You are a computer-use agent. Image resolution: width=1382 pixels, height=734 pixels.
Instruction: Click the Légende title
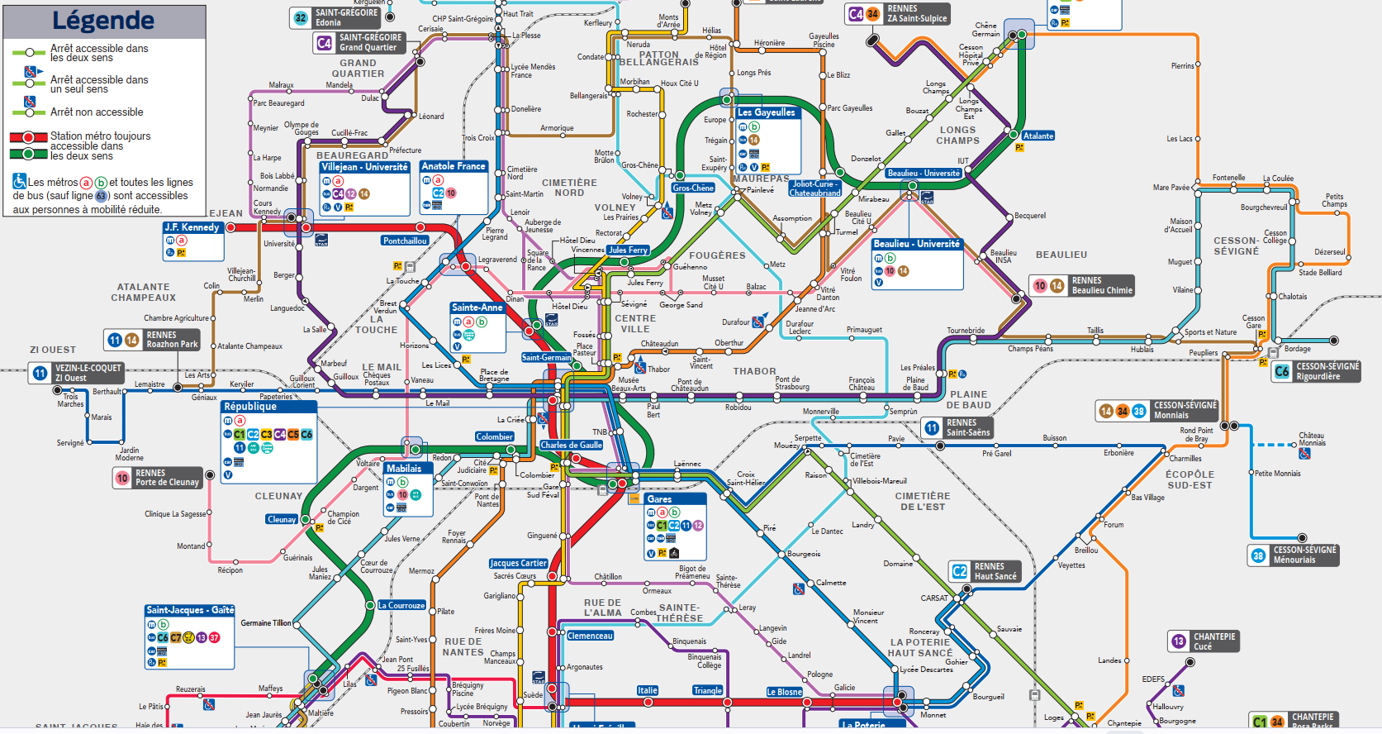click(x=103, y=21)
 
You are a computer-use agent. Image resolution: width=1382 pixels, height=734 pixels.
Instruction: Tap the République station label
click(x=250, y=407)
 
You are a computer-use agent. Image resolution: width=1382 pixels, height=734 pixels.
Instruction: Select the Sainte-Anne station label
click(x=477, y=307)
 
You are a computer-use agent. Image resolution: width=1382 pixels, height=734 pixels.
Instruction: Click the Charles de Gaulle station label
click(x=571, y=445)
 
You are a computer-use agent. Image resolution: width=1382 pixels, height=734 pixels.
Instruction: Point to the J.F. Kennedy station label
click(x=192, y=227)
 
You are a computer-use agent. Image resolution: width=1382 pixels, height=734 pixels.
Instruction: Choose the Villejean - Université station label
click(x=364, y=167)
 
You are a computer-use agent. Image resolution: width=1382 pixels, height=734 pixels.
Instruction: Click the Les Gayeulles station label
click(x=766, y=112)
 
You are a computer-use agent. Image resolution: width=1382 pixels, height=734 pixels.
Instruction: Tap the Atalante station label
click(x=1038, y=136)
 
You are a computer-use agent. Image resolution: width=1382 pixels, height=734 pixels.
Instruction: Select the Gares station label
click(x=659, y=499)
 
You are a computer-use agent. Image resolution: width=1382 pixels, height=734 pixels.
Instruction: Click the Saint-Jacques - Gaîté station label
click(x=190, y=610)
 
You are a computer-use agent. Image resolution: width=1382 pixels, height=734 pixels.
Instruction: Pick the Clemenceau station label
click(x=590, y=636)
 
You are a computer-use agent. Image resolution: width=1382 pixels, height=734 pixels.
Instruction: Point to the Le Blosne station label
click(x=783, y=692)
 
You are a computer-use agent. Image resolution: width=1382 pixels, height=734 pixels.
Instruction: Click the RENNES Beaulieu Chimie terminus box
click(x=1082, y=286)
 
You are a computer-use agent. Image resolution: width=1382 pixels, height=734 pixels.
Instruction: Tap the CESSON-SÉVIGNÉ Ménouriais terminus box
click(x=1293, y=555)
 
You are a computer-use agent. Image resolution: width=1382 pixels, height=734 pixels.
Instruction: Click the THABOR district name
click(x=754, y=371)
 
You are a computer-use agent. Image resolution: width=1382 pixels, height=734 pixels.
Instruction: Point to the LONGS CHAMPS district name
click(x=957, y=135)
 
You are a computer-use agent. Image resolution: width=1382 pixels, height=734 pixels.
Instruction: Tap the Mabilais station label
click(x=404, y=469)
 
